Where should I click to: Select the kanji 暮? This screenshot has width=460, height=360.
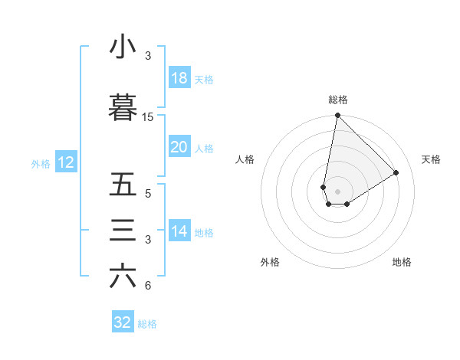click(123, 108)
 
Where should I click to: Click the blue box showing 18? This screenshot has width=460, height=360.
click(179, 78)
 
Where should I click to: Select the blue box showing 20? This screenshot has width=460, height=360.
click(179, 147)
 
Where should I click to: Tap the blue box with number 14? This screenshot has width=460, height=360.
click(179, 231)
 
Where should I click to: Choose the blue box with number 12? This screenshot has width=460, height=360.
click(65, 162)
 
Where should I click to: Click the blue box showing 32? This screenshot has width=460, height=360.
click(123, 322)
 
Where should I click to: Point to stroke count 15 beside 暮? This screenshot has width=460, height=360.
click(148, 117)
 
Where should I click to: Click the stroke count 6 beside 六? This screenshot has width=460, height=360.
click(148, 286)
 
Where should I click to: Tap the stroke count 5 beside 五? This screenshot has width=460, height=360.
click(148, 194)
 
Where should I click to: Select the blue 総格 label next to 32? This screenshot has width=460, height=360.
click(147, 324)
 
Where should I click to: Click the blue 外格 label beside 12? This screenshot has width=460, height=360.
click(41, 163)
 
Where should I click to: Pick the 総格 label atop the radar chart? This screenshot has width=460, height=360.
click(338, 100)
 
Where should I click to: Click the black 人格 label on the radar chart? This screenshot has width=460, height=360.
click(245, 159)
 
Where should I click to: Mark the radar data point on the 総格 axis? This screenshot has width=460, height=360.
click(337, 116)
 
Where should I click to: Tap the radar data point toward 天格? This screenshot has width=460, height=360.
click(396, 173)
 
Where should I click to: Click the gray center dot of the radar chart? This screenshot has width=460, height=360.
click(337, 191)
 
